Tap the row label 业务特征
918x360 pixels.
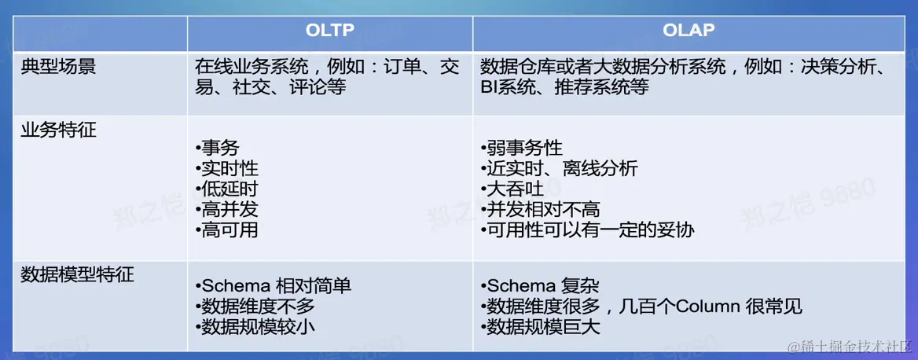59,130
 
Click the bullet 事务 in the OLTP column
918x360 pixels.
218,148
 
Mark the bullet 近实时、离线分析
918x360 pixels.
560,168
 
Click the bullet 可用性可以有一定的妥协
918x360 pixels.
588,230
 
